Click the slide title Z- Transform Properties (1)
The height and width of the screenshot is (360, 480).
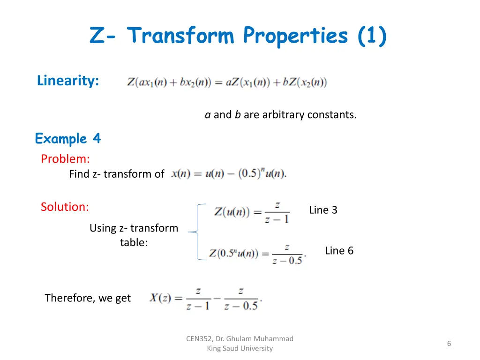tap(238, 36)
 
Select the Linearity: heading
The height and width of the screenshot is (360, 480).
tap(68, 81)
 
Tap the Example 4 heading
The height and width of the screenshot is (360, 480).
tap(68, 139)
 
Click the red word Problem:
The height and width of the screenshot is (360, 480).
tap(65, 159)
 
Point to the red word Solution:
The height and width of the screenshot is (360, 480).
tap(65, 207)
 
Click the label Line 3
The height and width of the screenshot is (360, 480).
tap(323, 210)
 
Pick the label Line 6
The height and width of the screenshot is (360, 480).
tap(339, 251)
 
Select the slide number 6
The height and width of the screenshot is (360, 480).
tap(449, 344)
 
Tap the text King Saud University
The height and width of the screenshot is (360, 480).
tap(240, 348)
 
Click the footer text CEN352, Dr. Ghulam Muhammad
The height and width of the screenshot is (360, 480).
tap(240, 338)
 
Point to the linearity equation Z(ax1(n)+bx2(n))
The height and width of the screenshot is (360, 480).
tap(227, 82)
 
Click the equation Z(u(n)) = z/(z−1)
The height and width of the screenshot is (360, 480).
tap(252, 212)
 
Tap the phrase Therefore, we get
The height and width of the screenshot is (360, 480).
tap(88, 298)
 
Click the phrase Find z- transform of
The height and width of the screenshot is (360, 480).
tap(116, 174)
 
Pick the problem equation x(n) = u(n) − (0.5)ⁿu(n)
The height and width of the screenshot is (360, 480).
tap(229, 173)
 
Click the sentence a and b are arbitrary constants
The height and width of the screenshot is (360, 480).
tap(280, 115)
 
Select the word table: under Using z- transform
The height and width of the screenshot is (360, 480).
tap(134, 243)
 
